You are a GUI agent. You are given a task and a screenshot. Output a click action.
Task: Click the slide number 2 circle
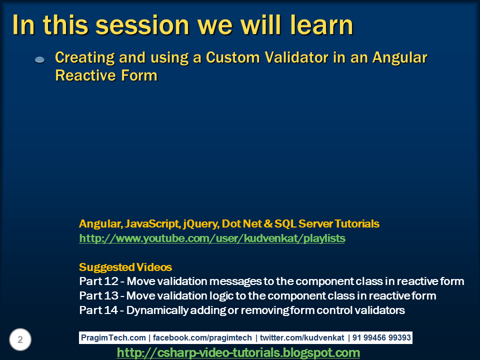pos(20,339)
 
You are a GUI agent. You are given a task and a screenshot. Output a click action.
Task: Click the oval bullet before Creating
pos(40,59)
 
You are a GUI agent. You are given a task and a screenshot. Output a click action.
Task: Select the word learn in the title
pos(321,25)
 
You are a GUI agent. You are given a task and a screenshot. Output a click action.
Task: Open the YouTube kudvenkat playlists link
pos(212,238)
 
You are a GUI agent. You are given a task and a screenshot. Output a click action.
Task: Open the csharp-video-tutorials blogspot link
pos(238,352)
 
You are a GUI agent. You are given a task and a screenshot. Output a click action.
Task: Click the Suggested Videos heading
pos(125,267)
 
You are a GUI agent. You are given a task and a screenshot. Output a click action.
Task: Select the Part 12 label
pos(98,281)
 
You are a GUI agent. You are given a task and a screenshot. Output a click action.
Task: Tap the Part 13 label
pos(98,295)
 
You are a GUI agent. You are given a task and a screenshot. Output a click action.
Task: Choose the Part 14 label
pos(98,310)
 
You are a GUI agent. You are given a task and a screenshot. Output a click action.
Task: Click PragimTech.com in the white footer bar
pos(113,337)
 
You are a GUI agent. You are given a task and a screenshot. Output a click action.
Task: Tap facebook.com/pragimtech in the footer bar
pos(202,337)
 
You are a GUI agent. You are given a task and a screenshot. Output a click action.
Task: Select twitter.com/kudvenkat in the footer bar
pos(302,337)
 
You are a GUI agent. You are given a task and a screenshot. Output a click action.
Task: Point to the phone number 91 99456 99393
pos(381,337)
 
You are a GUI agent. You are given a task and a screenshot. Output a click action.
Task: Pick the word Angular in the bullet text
pos(399,57)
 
